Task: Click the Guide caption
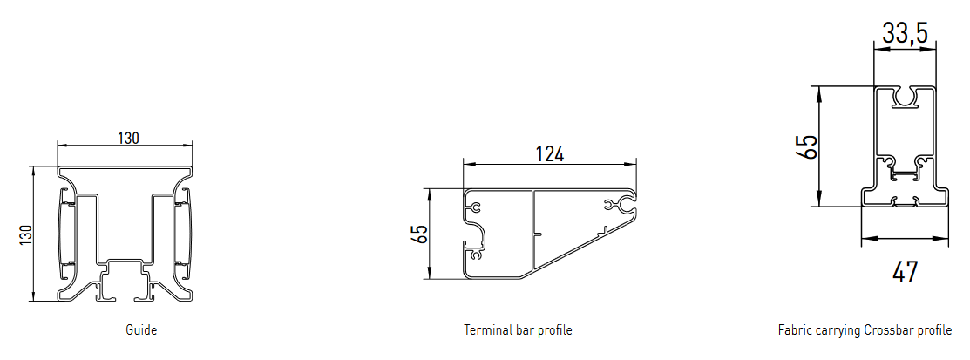click(x=141, y=329)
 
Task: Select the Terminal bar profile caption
click(x=518, y=329)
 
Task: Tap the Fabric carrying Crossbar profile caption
click(x=865, y=329)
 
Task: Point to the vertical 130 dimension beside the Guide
click(x=24, y=234)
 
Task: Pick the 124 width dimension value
click(x=549, y=153)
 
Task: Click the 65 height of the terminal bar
click(x=419, y=234)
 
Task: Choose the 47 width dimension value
click(x=905, y=272)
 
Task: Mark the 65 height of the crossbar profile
click(x=807, y=146)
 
